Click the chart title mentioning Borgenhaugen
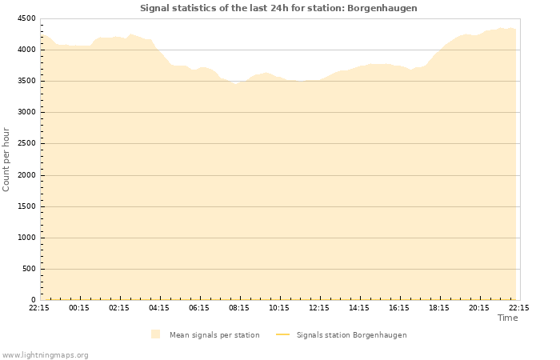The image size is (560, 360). (278, 8)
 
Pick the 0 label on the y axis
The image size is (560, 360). (33, 300)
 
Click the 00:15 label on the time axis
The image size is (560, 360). (79, 308)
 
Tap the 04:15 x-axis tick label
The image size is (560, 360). (159, 308)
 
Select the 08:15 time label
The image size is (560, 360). (239, 308)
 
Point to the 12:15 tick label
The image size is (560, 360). (319, 308)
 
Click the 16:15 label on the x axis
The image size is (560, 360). (399, 308)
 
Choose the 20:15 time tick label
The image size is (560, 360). (479, 308)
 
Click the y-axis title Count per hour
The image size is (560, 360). (7, 159)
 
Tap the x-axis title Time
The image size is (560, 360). (507, 318)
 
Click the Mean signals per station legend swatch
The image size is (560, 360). (155, 334)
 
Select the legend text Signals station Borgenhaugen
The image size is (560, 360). (351, 335)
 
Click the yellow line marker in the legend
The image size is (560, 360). (282, 335)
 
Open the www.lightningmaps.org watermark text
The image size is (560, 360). (46, 355)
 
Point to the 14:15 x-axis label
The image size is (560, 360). (359, 308)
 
